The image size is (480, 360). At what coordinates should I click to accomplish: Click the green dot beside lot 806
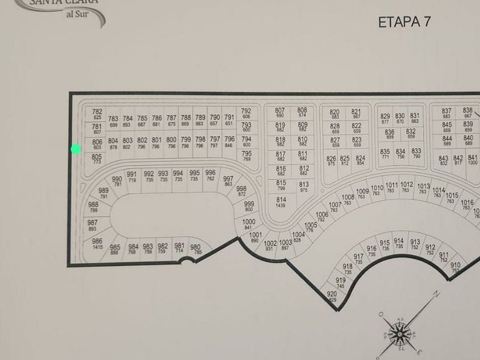[76, 149]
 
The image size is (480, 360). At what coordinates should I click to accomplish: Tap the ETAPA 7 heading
[404, 22]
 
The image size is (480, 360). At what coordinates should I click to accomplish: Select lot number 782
[97, 114]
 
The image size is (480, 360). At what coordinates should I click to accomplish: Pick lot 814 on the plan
[281, 201]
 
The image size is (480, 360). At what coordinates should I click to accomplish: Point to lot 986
[97, 243]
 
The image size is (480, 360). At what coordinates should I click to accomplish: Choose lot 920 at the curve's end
[332, 296]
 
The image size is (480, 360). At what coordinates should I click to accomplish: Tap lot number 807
[279, 112]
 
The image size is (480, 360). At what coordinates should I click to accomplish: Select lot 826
[331, 160]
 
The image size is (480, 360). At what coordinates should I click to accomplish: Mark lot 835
[385, 153]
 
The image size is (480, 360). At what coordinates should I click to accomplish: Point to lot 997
[228, 180]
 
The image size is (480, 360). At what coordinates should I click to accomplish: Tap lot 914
[399, 242]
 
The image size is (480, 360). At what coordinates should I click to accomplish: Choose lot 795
[246, 155]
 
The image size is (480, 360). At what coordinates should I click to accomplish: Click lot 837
[446, 112]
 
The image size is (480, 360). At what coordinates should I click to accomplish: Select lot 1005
[311, 227]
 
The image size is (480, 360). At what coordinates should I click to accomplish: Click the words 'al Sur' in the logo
[77, 16]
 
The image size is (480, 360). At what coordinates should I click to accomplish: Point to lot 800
[171, 142]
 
